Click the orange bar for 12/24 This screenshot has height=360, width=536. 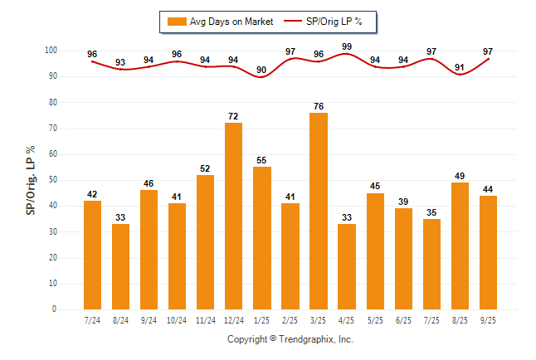coord(233,216)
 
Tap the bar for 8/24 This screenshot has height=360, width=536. coord(121,266)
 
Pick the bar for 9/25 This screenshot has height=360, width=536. coord(488,252)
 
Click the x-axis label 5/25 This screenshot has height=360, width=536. coord(375,319)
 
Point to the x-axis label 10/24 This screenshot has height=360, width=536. coord(177,319)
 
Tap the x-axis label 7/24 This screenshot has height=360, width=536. coord(92,319)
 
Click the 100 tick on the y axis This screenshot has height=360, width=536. coord(50,51)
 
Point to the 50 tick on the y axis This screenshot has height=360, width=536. coord(52,180)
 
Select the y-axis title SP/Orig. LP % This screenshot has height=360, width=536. coord(31,179)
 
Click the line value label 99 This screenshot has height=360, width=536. coord(347,46)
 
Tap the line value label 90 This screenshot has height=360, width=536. coord(262,69)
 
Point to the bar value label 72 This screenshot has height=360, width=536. coord(233,114)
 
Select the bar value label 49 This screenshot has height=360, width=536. coord(460,174)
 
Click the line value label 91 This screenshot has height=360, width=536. coord(460,66)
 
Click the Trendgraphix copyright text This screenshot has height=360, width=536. coord(290,339)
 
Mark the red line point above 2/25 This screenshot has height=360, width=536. coord(290,59)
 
